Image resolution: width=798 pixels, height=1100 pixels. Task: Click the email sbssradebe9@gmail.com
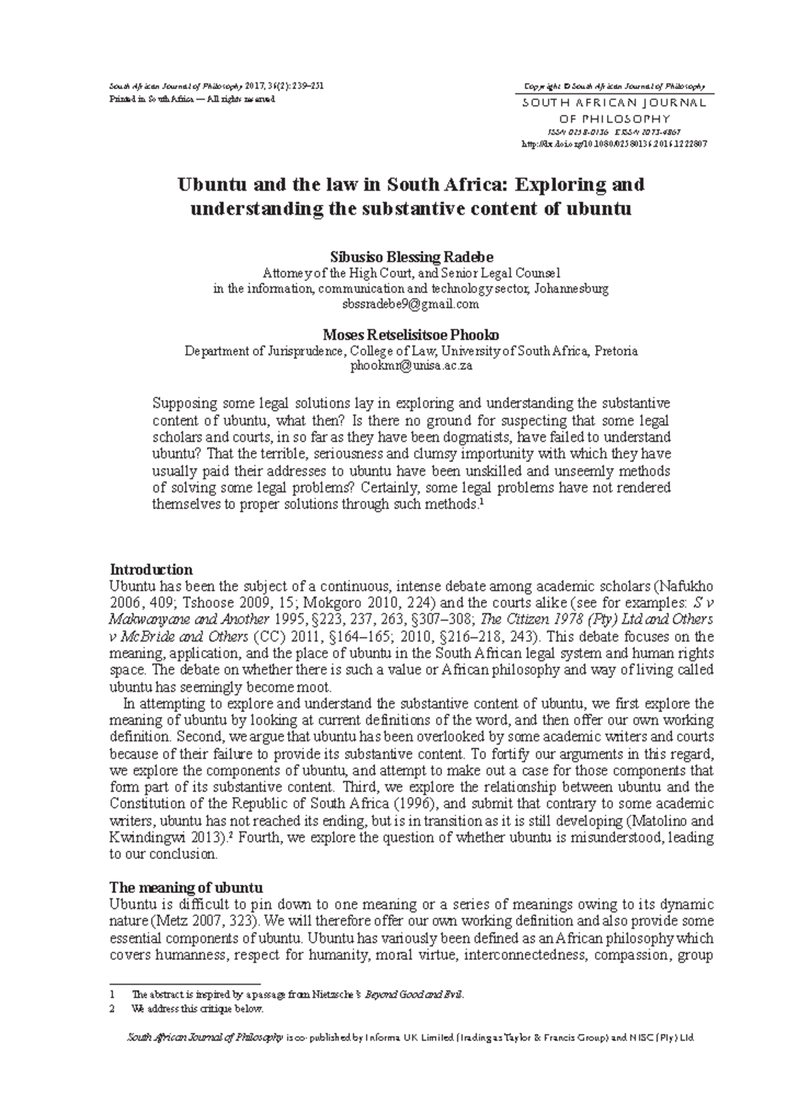(x=410, y=304)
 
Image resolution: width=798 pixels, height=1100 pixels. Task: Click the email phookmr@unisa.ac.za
(x=411, y=366)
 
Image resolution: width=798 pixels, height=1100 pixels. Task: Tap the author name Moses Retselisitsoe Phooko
(x=411, y=335)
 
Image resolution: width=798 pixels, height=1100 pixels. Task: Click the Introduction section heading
(x=151, y=570)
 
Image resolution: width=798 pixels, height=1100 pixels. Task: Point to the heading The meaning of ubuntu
(x=186, y=888)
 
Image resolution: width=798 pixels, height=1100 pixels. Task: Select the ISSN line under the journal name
(x=613, y=132)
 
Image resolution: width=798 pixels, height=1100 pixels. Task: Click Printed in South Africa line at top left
(x=192, y=100)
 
